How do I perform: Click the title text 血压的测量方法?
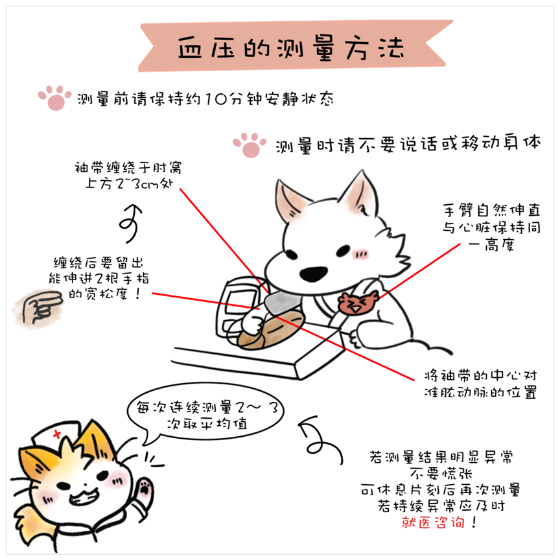291,47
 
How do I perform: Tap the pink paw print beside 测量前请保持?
54,97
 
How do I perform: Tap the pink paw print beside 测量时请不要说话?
250,145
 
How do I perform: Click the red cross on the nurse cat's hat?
57,434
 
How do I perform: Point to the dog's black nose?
313,274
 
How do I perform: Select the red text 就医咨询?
432,522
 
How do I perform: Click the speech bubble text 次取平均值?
207,424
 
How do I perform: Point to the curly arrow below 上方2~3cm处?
131,223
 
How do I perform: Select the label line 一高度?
491,245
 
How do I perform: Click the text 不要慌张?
441,474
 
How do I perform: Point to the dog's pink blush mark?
360,254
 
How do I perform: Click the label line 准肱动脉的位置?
480,393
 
